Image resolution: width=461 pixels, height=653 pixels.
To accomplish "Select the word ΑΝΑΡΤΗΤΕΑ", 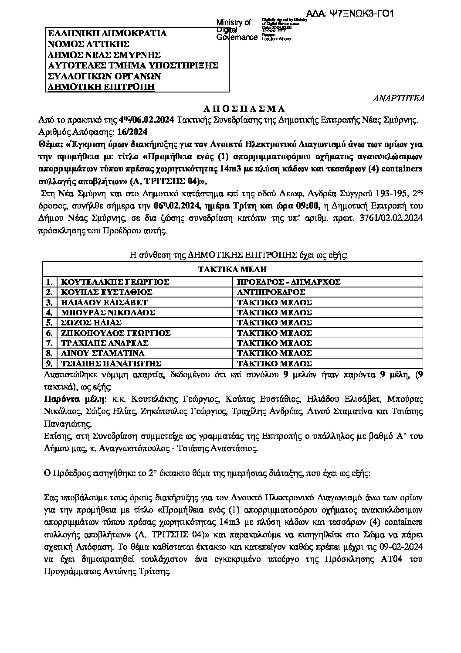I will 400,98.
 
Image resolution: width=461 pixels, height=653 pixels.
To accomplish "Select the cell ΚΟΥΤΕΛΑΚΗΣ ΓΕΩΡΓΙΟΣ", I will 115,282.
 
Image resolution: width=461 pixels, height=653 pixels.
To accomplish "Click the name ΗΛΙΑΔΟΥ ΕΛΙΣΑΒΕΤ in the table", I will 104,302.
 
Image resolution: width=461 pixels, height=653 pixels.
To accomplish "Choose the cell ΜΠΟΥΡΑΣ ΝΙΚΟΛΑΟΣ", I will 108,312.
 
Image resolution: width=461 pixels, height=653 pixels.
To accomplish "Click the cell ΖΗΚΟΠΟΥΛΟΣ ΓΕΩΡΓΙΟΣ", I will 115,333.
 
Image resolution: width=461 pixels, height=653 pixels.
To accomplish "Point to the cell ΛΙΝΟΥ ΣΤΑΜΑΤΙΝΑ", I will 102,353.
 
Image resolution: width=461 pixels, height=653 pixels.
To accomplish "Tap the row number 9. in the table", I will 50,363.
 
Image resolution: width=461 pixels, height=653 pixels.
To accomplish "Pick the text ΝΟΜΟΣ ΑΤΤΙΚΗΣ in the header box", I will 88,44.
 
